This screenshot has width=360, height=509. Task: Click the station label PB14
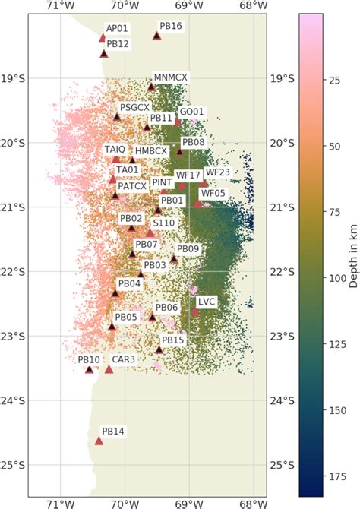tap(112, 432)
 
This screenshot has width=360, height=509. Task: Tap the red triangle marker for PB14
tap(99, 441)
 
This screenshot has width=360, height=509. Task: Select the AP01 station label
tap(117, 28)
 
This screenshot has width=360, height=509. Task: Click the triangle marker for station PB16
tap(156, 36)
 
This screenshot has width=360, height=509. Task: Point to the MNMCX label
tap(170, 77)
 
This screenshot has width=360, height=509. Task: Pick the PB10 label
tap(89, 359)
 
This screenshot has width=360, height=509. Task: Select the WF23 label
tap(217, 172)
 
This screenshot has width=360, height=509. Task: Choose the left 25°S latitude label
tap(13, 465)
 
